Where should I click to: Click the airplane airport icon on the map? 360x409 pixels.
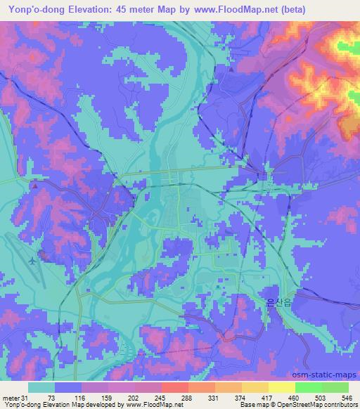[32, 261]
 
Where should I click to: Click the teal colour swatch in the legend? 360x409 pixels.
[41, 387]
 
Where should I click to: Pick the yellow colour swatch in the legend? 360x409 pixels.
[281, 387]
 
